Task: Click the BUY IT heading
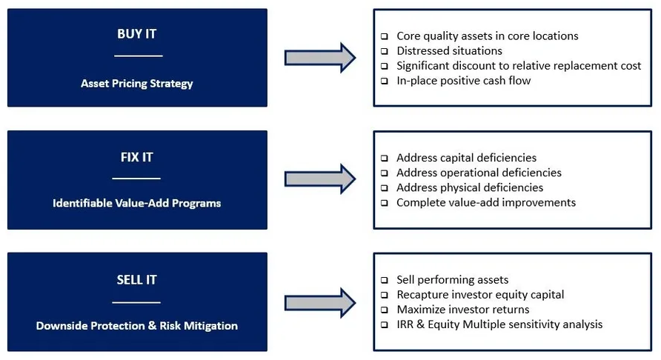(136, 34)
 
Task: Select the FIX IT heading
(136, 157)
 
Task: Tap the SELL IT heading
(136, 280)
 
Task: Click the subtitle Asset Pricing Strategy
(136, 84)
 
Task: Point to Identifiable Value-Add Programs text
(136, 203)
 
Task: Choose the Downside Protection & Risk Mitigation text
(136, 326)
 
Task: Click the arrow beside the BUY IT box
(320, 58)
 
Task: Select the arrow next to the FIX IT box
(320, 179)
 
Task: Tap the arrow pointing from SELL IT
(320, 303)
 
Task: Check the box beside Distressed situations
(384, 51)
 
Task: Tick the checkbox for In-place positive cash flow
(384, 81)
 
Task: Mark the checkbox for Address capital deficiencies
(384, 158)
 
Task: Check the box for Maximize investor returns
(384, 310)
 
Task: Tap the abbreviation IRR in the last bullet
(405, 324)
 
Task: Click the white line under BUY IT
(139, 56)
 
